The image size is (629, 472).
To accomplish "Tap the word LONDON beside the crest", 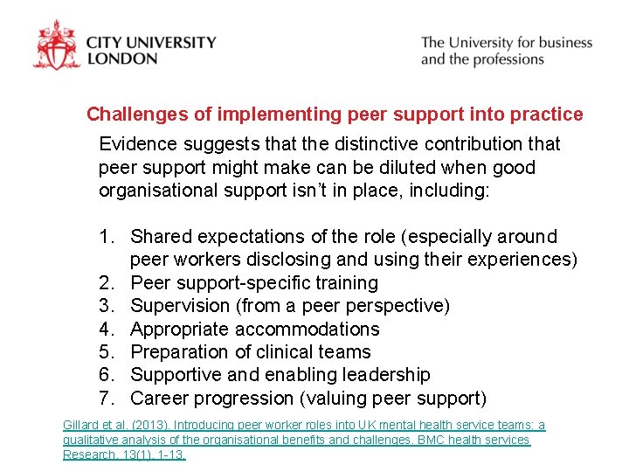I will pyautogui.click(x=122, y=59).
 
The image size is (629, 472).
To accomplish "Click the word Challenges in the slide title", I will pyautogui.click(x=132, y=115).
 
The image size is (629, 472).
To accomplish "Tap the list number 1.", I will pyautogui.click(x=106, y=237).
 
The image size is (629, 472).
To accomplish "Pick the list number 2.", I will pyautogui.click(x=106, y=283).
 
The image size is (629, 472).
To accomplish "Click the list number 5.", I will pyautogui.click(x=106, y=352).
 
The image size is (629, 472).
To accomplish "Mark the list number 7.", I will pyautogui.click(x=106, y=399).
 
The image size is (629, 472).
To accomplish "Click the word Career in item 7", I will pyautogui.click(x=161, y=399).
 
